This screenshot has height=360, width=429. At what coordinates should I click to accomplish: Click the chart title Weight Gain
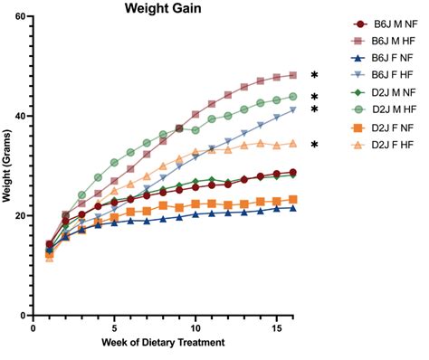tap(165, 9)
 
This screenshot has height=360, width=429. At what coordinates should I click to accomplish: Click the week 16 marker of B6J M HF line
tap(292, 76)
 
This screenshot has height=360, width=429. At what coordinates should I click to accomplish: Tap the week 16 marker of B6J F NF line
tap(292, 208)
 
